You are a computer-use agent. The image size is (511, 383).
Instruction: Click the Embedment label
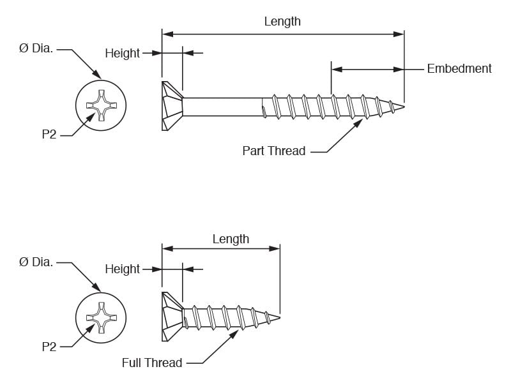click(x=459, y=69)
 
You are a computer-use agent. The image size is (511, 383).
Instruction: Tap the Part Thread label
click(x=274, y=151)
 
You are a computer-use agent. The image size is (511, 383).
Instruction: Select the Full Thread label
click(x=152, y=363)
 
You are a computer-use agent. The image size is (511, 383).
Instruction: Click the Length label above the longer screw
click(x=282, y=22)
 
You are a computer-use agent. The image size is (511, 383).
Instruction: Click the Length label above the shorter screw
click(x=231, y=239)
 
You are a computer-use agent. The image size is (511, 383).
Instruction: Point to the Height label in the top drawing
click(x=122, y=53)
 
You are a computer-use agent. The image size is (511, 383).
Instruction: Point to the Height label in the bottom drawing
click(x=122, y=269)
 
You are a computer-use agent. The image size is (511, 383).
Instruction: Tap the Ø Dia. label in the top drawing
click(x=36, y=49)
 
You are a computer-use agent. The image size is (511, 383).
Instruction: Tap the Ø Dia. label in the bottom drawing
click(x=36, y=262)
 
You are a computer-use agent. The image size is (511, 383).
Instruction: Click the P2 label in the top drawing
click(x=49, y=134)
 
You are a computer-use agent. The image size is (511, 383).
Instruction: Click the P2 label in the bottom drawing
click(x=49, y=347)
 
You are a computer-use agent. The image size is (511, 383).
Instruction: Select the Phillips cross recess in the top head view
click(x=101, y=105)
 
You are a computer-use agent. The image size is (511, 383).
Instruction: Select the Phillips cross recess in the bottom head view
click(x=101, y=318)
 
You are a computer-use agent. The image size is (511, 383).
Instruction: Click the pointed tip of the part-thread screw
click(x=404, y=107)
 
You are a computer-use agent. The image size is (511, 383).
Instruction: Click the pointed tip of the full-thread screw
click(x=280, y=317)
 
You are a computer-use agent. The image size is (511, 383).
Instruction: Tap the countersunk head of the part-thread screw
click(x=172, y=106)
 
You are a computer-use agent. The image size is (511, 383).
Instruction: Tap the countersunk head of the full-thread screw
click(x=172, y=317)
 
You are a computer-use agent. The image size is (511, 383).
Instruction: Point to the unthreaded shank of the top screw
click(x=223, y=107)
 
